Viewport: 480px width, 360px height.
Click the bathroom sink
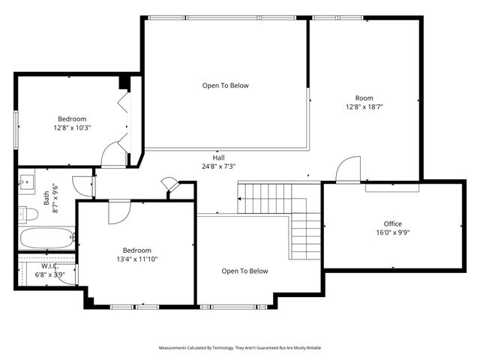point(27,180)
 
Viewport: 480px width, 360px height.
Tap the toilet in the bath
point(28,214)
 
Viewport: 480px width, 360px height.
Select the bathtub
point(45,239)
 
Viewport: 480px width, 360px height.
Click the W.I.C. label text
point(50,265)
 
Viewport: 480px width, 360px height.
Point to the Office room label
point(393,223)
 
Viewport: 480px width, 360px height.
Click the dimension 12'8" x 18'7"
point(364,106)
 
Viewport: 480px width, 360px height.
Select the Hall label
point(218,157)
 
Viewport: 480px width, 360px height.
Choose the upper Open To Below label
point(225,85)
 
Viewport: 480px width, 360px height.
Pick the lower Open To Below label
point(244,271)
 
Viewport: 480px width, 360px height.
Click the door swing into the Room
point(348,170)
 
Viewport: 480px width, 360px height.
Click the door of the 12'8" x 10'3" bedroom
point(114,154)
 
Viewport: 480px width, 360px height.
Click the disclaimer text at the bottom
point(240,348)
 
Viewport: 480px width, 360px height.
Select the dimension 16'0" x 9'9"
point(393,232)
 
